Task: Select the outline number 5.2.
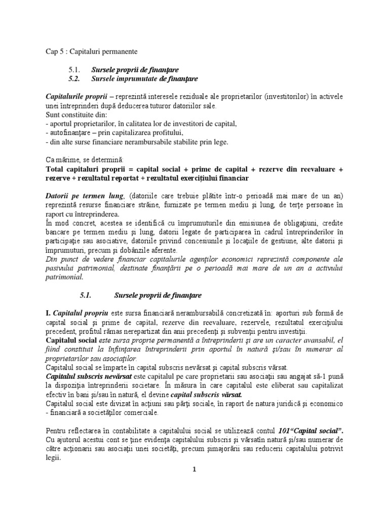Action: (x=74, y=79)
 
